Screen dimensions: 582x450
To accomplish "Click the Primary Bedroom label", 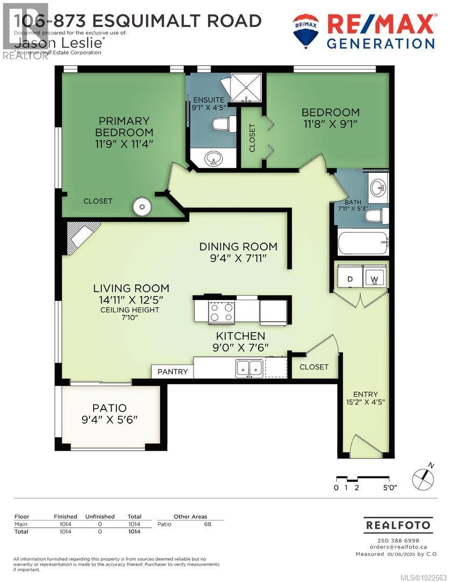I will pos(124,127).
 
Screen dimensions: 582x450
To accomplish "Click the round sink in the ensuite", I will pos(214,159).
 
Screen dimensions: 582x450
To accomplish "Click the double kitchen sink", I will pos(248,368).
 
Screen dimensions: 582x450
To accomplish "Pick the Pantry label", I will pos(172,371).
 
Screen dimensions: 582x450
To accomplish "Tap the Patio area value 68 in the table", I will pos(207,524).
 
